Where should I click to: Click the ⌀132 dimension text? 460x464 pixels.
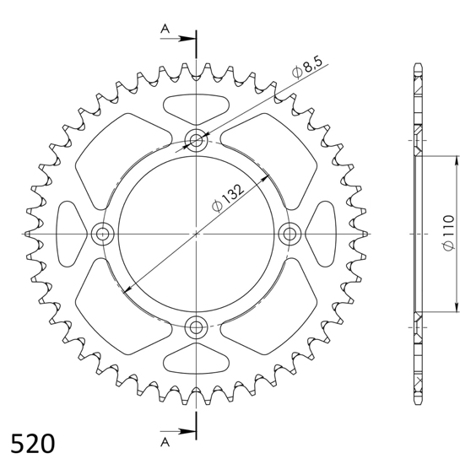[x=228, y=197]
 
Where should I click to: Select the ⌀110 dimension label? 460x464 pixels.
[x=448, y=233]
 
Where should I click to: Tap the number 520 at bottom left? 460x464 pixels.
[x=33, y=444]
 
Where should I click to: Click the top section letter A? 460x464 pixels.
[x=165, y=29]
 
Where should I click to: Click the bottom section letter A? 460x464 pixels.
[x=165, y=442]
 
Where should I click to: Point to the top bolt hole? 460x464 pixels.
[x=196, y=140]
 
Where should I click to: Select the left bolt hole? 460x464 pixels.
[x=102, y=234]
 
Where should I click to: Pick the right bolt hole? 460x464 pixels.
[x=290, y=234]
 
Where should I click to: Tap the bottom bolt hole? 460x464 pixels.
[x=196, y=327]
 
